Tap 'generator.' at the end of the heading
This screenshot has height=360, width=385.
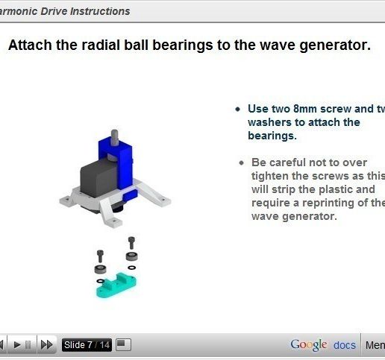coord(337,45)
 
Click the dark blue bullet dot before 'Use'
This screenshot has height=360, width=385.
coord(237,109)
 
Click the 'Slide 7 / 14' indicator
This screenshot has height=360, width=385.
coord(87,344)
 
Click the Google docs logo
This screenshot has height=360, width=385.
coord(323,344)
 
